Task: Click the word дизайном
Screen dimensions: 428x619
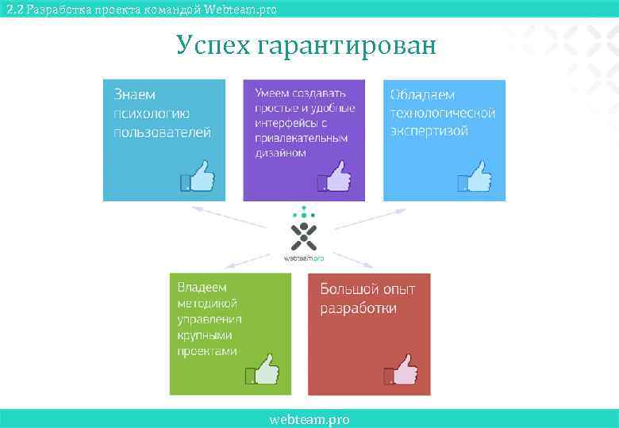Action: (280, 153)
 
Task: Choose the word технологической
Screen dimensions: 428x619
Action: (443, 113)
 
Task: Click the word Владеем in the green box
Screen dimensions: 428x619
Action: (202, 287)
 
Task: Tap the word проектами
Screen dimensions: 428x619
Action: (207, 351)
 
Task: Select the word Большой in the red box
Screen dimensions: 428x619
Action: (348, 289)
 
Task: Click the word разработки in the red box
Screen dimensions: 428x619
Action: (358, 308)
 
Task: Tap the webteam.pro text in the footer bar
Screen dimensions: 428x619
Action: (309, 419)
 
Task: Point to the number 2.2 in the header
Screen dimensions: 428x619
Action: (13, 9)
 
